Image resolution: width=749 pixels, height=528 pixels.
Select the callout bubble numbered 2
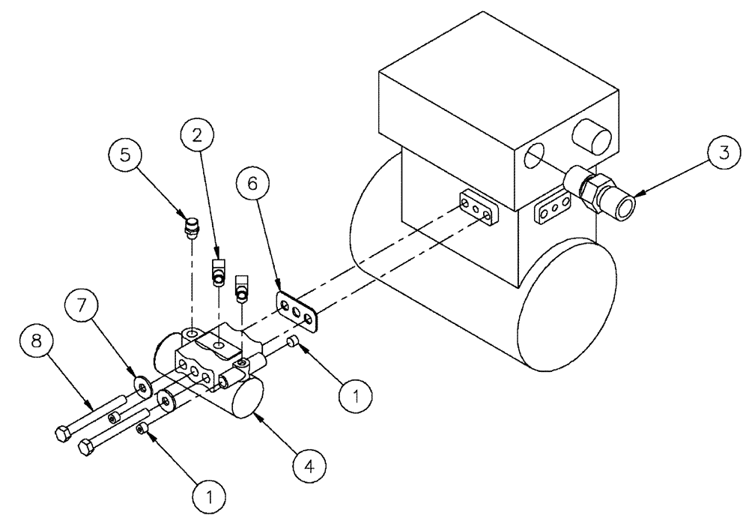[197, 136]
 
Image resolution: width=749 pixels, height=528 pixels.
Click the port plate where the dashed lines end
[476, 208]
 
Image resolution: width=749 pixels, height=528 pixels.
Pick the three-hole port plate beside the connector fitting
[551, 211]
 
